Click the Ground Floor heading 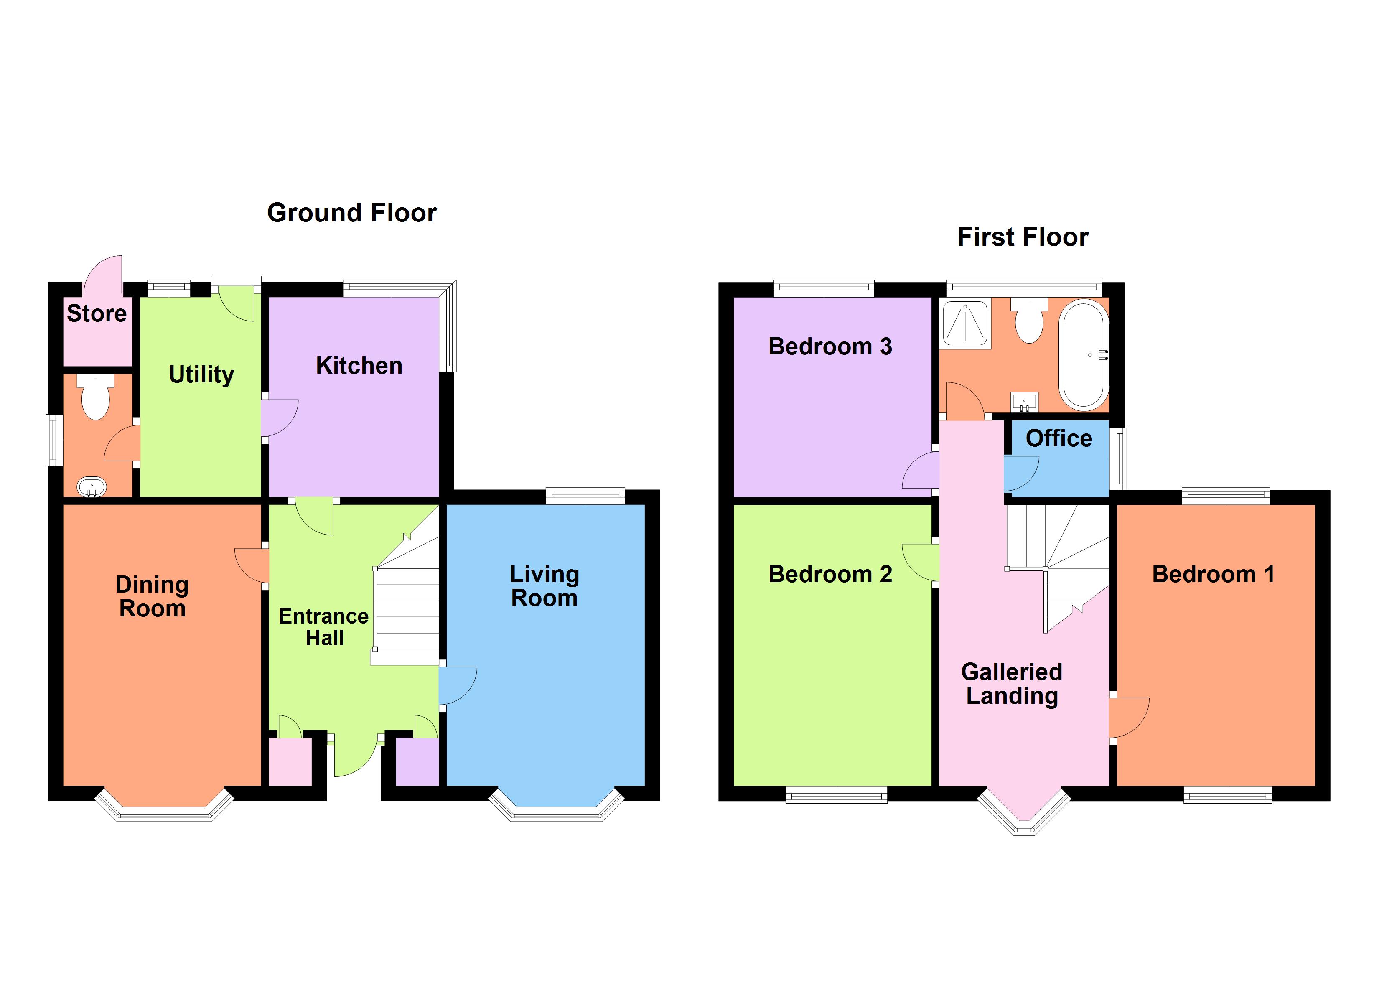tap(351, 213)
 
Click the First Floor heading tap(1022, 237)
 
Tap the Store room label tap(97, 313)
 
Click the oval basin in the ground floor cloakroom tap(92, 486)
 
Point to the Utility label tap(201, 375)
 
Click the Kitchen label tap(359, 366)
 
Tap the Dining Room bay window tap(164, 809)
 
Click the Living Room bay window tap(556, 809)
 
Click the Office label tap(1058, 438)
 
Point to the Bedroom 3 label tap(830, 347)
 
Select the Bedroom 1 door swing tap(1128, 718)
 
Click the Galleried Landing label tap(1012, 684)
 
